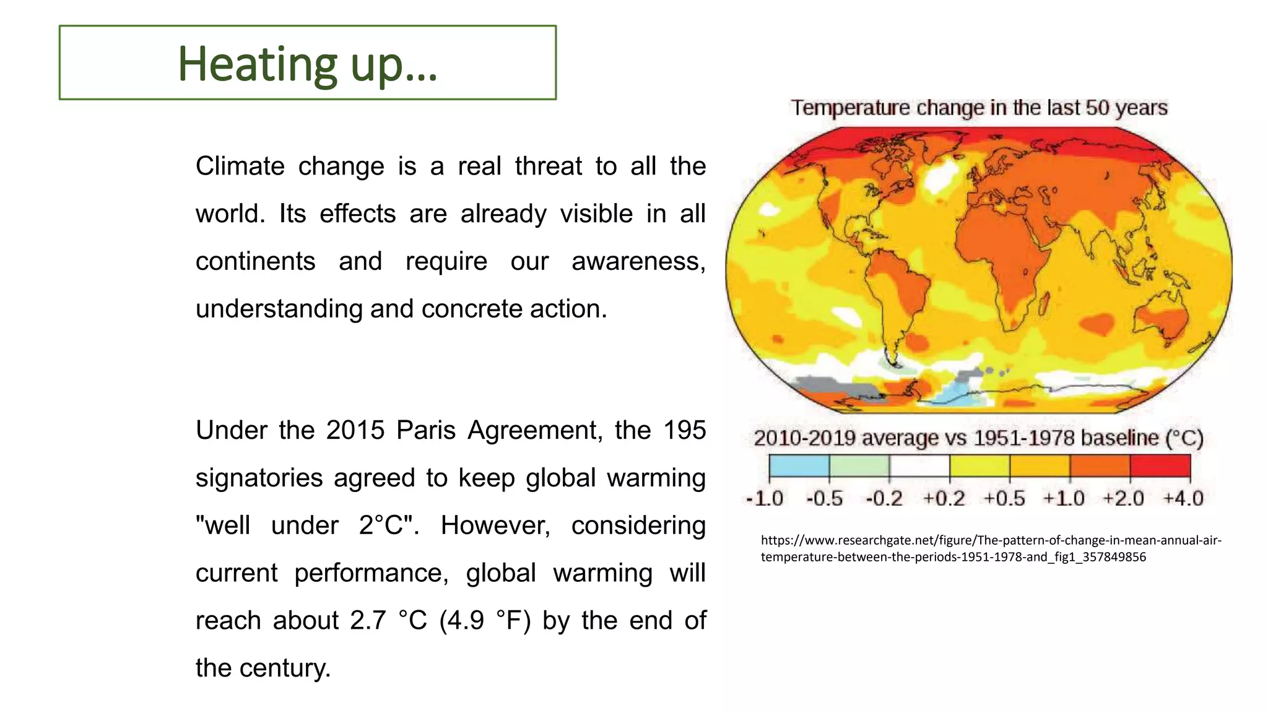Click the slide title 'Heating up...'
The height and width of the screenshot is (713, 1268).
(308, 64)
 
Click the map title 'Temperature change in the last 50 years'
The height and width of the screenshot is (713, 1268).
(979, 108)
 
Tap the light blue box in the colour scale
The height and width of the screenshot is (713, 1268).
(799, 465)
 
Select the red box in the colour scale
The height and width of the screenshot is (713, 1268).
(1160, 465)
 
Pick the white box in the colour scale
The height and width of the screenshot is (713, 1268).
(919, 465)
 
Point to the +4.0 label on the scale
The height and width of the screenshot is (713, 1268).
(1183, 498)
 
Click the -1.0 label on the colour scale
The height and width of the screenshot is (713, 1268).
(765, 498)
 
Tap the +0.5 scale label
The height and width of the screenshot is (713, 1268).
(1004, 498)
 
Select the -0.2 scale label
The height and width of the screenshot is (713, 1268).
(884, 498)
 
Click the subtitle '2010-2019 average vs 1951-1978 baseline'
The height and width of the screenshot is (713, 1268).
(978, 438)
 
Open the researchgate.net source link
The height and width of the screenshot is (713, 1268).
(991, 548)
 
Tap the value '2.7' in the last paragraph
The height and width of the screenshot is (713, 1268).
(369, 621)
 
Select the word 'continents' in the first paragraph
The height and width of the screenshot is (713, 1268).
(255, 261)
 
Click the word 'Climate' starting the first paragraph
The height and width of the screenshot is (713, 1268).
(240, 166)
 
